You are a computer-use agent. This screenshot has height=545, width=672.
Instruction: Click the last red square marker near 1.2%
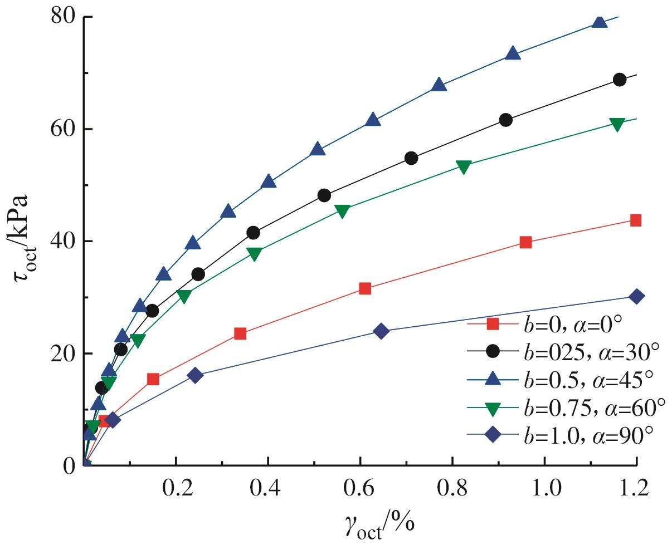635,220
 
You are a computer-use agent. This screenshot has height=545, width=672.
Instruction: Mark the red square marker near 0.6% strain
365,288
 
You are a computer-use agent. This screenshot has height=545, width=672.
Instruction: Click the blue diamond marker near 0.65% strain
381,331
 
